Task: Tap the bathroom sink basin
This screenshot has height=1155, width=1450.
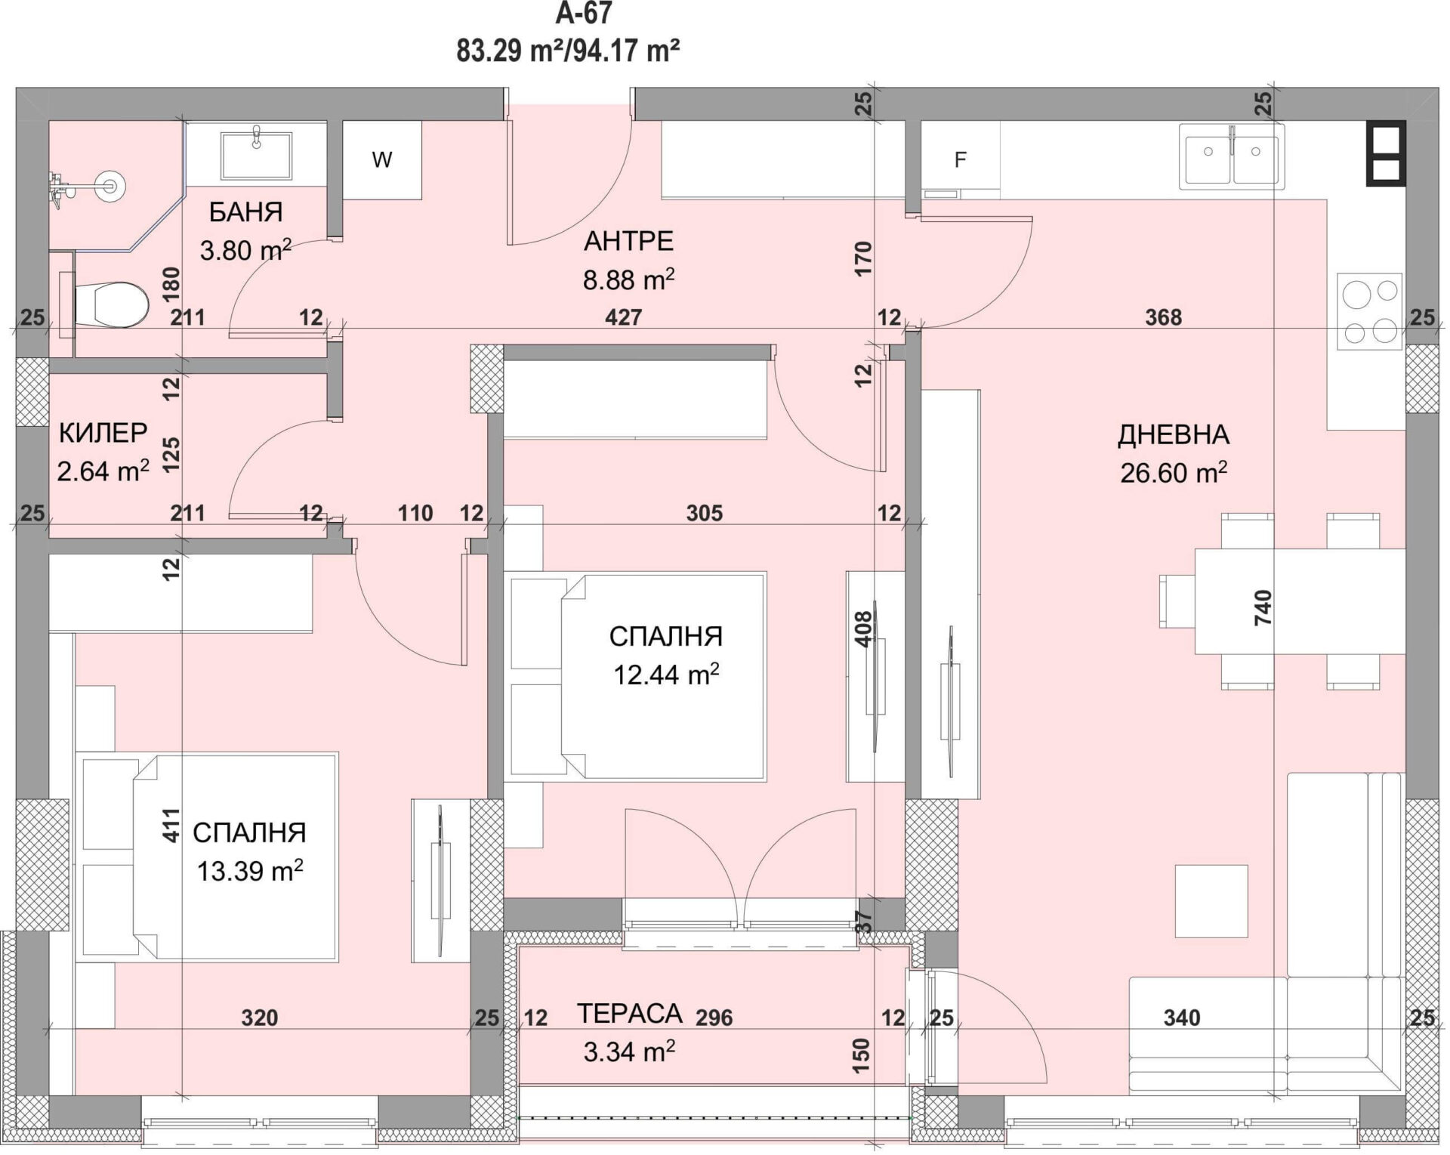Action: tap(256, 156)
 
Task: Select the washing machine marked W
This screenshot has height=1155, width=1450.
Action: tap(382, 159)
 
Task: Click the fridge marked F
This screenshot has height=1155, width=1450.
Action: tap(961, 159)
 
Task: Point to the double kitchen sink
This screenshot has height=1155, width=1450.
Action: tap(1231, 158)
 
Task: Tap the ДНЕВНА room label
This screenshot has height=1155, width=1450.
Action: tap(1174, 434)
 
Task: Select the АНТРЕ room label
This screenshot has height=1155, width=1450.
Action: tap(629, 241)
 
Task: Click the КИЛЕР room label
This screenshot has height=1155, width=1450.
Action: tap(103, 433)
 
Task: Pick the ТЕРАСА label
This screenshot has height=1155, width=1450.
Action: tap(630, 1013)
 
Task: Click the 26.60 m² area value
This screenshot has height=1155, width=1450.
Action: tap(1174, 473)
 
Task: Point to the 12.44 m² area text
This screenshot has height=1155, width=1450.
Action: tap(666, 674)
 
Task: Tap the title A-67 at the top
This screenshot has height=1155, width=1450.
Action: tap(583, 13)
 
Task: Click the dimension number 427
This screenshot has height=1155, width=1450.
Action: tap(624, 317)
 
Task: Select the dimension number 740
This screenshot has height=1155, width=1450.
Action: tap(1263, 607)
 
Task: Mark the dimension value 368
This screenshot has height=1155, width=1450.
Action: tap(1163, 317)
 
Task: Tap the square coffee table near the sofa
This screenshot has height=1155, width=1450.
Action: tap(1211, 901)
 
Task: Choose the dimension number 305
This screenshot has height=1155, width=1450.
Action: tap(705, 513)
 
